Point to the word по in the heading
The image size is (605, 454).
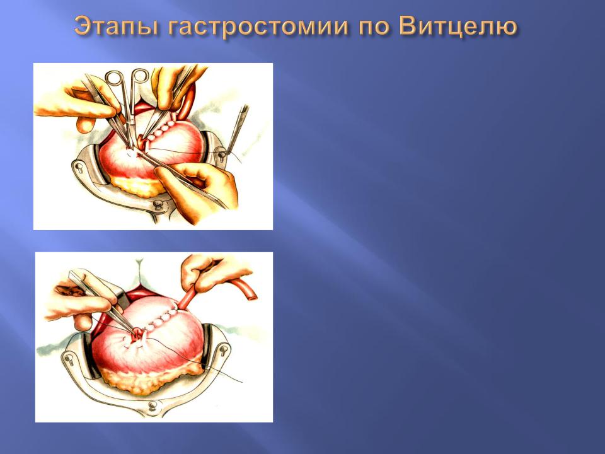pos(374,28)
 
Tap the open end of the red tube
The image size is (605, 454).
pos(252,296)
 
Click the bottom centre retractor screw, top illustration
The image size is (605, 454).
pos(158,204)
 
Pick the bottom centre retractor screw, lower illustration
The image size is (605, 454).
pos(153,405)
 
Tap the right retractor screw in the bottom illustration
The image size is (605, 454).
pos(223,351)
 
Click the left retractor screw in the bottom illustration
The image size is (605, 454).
pos(69,359)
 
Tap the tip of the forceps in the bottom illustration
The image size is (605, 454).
pos(135,333)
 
